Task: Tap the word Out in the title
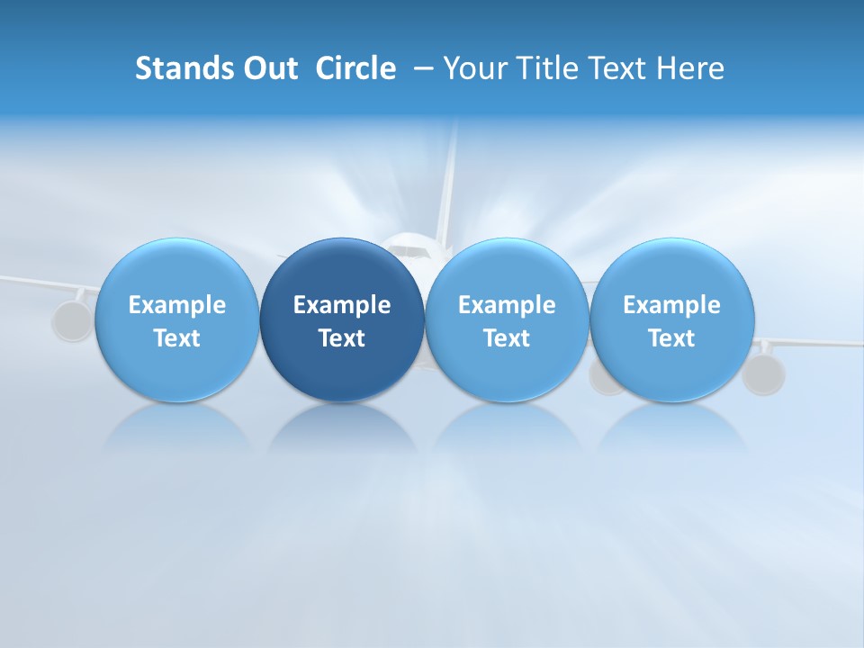pos(269,68)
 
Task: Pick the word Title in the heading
pos(543,68)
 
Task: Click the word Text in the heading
pos(614,68)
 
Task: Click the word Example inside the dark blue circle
pos(342,305)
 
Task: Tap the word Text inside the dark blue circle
pos(342,338)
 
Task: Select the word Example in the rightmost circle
pos(671,305)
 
